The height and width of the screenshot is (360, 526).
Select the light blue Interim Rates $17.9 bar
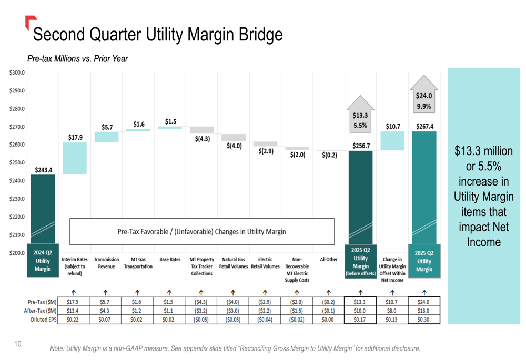coord(74,158)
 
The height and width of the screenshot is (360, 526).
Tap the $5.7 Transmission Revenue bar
coord(106,137)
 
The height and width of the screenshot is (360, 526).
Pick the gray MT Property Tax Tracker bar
coord(202,130)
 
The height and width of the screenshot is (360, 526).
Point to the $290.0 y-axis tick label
coord(17,91)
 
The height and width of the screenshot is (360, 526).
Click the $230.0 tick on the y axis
coord(17,199)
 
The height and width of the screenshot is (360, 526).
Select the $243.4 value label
coord(44,170)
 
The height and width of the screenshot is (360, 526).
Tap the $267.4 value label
coord(424,126)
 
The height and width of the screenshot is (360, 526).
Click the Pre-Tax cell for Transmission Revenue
coord(106,302)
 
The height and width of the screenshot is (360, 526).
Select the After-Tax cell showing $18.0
coord(424,311)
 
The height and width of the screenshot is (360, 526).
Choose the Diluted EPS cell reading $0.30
coord(424,319)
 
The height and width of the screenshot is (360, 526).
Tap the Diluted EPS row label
coord(43,319)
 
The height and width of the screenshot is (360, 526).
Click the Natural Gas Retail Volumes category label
coord(233,263)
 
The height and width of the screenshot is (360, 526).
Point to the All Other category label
coord(329,259)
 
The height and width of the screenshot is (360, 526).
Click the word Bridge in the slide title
coord(261,35)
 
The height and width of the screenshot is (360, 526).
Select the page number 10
coord(18,344)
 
